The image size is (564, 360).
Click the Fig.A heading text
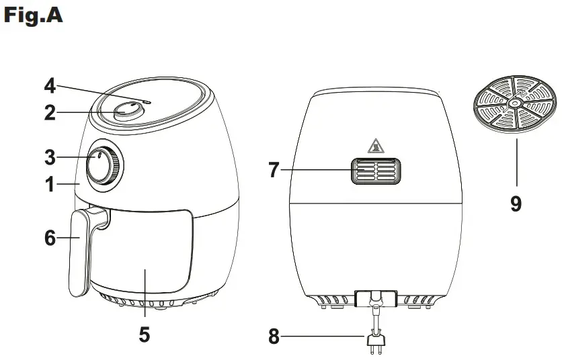coord(34,15)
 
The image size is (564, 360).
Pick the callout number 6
coord(50,238)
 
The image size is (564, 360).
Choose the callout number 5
coord(144,334)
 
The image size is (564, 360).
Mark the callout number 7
coord(274,170)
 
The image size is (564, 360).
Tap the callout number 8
coord(274,336)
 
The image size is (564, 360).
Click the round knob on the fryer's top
coord(128,111)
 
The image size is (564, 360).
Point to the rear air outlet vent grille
coord(375,171)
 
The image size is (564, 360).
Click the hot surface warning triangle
coord(374,145)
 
